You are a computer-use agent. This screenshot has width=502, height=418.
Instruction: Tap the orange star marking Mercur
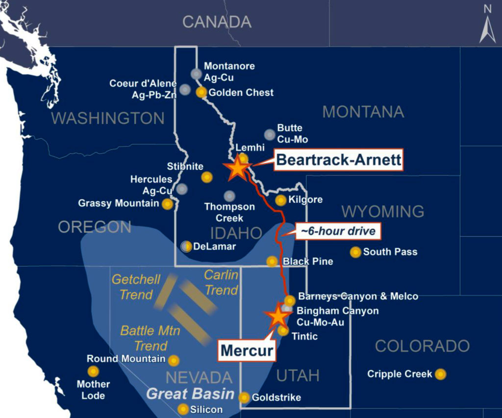pos(278,316)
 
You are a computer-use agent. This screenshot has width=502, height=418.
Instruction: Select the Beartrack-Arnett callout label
pos(338,160)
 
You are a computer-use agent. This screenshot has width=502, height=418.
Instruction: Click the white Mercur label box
pos(246,350)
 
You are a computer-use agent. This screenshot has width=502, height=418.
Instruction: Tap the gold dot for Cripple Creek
pos(440,374)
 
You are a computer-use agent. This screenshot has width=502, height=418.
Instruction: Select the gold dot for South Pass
pos(355,252)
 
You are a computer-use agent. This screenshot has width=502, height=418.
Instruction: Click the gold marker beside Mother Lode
pos(93,371)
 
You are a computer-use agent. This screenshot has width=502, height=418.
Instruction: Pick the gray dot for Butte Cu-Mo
pos(269,134)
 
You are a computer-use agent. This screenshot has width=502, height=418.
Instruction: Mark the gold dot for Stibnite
pos(207,177)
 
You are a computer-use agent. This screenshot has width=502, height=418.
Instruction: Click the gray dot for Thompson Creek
pos(229,196)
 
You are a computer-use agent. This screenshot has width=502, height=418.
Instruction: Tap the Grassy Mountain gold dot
pos(168,204)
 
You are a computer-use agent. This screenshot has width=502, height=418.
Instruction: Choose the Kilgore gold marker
pos(280,200)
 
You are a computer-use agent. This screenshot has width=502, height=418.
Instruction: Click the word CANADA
pos(217,22)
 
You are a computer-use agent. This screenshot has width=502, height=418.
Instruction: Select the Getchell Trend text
pos(136,287)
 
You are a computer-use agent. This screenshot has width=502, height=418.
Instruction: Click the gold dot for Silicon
pos(183,409)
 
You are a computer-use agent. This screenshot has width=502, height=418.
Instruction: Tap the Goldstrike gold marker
pos(244,397)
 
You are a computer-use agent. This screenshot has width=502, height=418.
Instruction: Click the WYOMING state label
pos(383,212)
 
